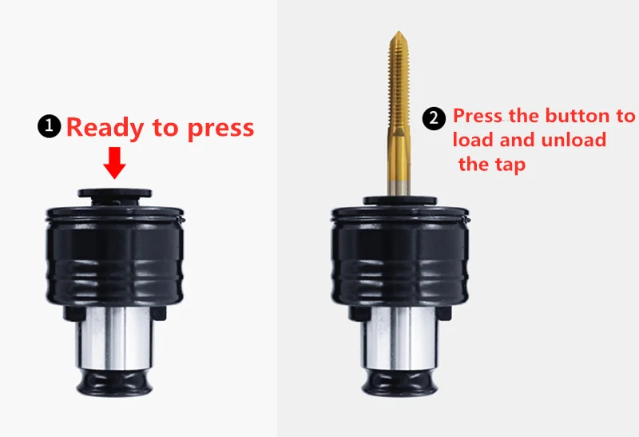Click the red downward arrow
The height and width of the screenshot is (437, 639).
[x=116, y=165]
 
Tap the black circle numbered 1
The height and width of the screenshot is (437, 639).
[x=50, y=126]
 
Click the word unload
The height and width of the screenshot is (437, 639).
[x=569, y=140]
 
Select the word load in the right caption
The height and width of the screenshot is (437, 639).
[x=473, y=140]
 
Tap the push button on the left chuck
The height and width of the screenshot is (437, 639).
[x=116, y=193]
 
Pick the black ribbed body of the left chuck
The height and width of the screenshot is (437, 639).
[x=116, y=256]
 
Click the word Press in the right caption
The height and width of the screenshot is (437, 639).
[x=478, y=116]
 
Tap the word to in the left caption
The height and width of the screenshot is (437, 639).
[x=170, y=128]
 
